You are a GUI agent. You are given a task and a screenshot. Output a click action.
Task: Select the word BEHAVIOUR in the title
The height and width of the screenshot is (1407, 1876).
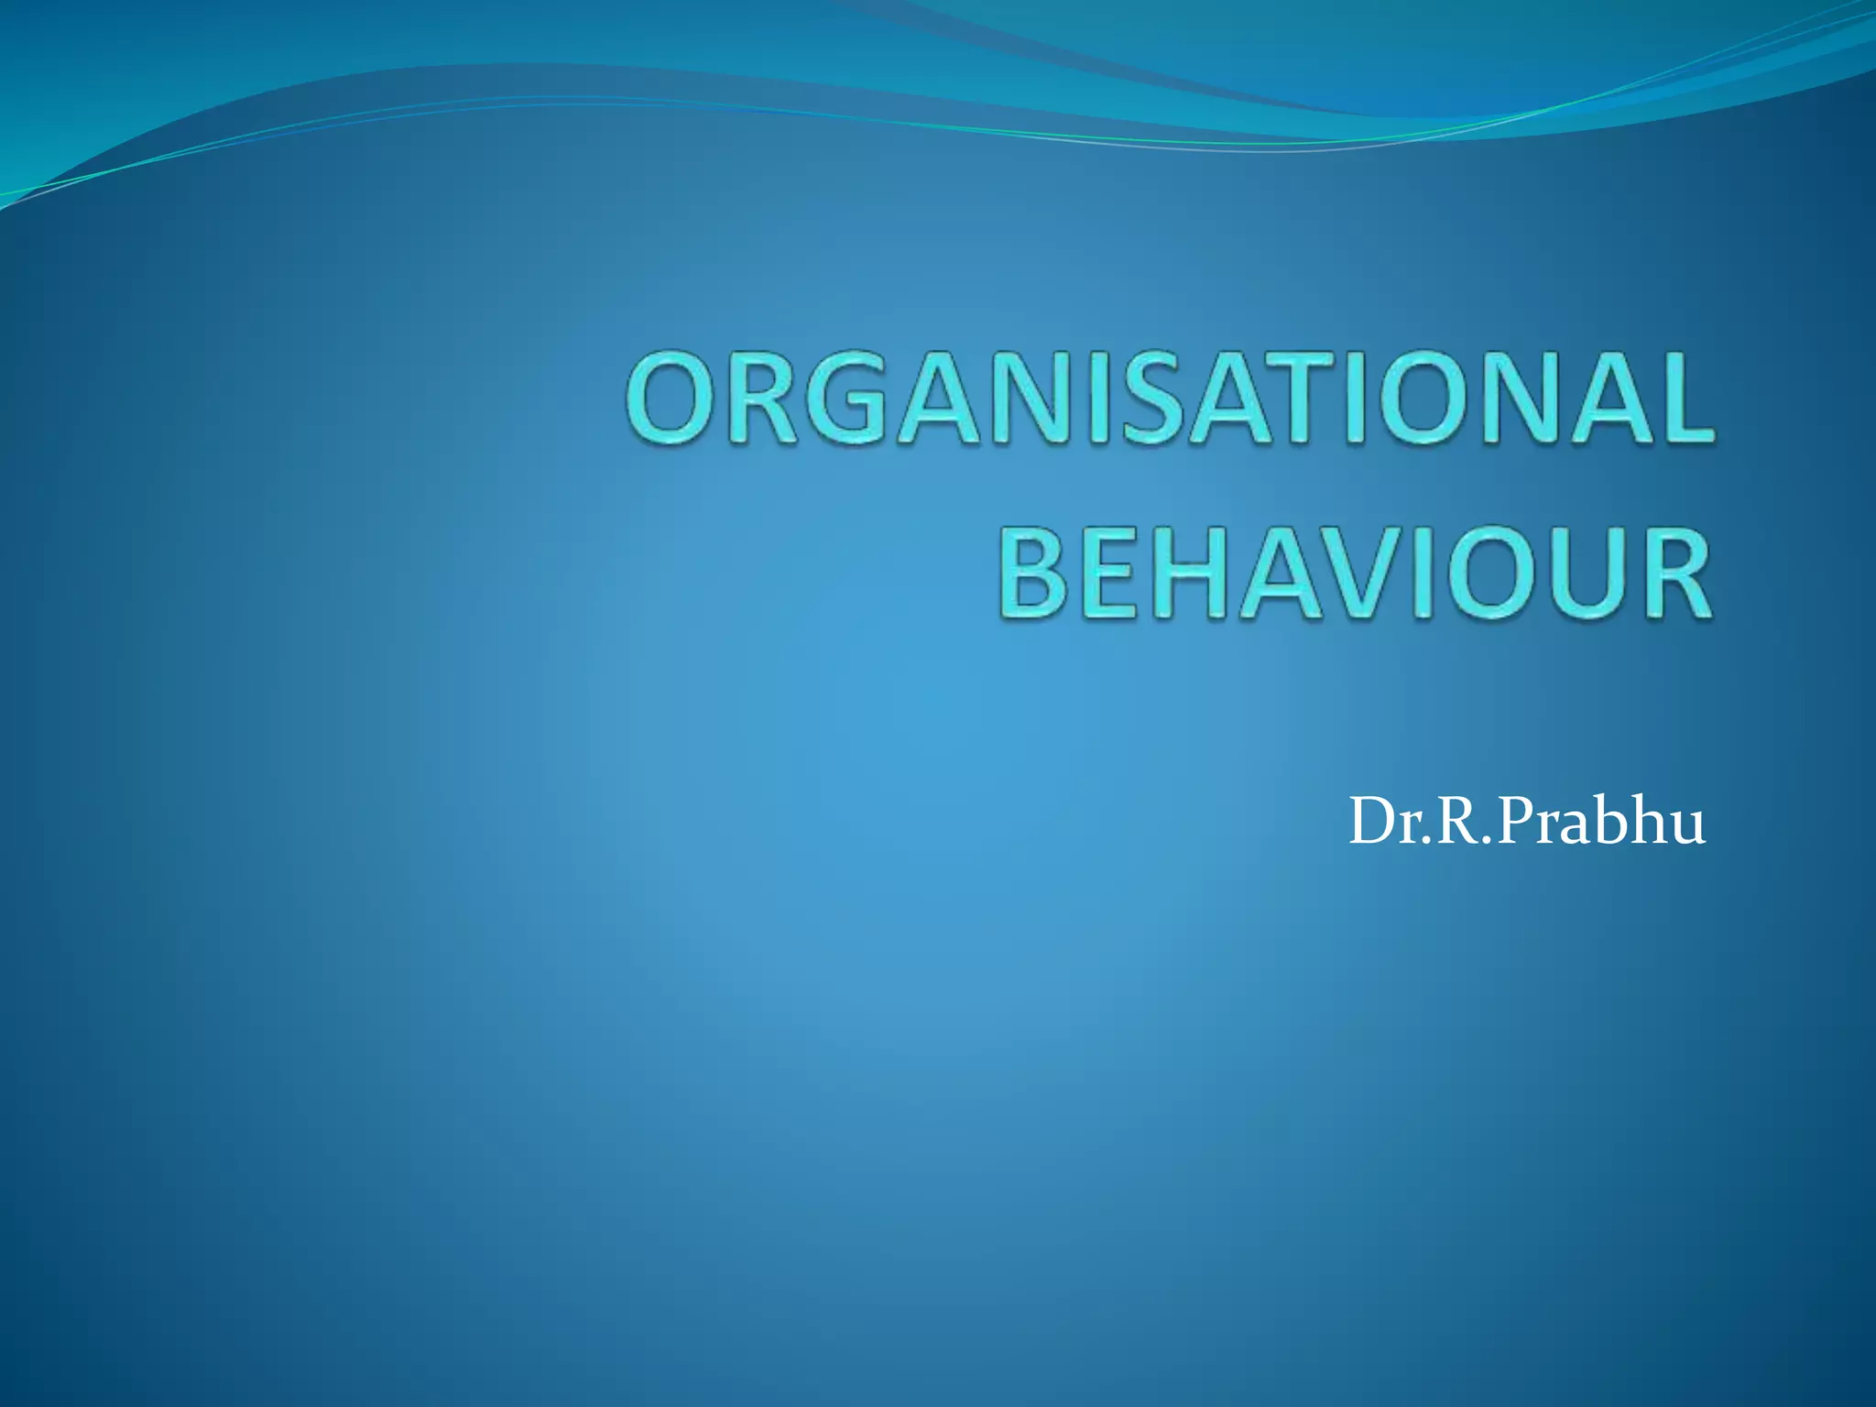click(1355, 574)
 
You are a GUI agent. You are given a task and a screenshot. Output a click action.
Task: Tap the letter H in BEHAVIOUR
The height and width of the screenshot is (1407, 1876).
click(1194, 574)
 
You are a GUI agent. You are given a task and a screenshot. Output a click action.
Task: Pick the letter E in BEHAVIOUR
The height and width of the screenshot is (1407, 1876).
click(1112, 574)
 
